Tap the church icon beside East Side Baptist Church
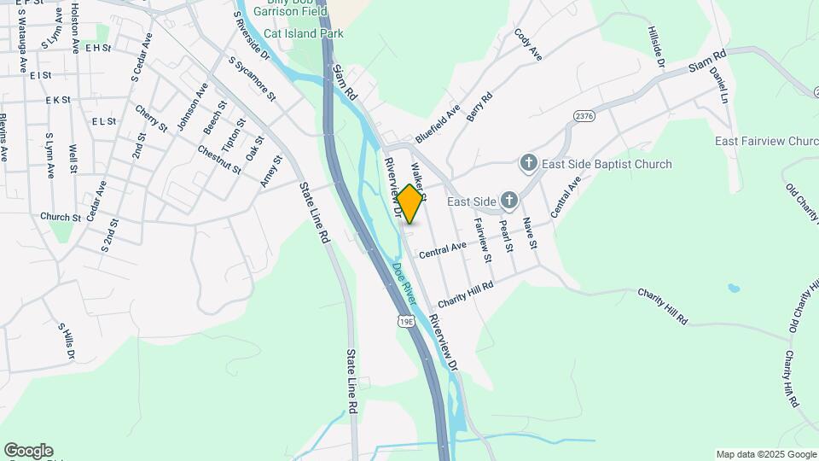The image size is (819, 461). pos(528,163)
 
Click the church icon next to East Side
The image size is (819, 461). pos(508,201)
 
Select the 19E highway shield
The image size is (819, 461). pos(405,320)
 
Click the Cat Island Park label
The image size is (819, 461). pos(303,34)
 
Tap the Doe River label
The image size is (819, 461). pos(404,284)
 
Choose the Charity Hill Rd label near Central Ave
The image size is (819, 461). pos(466,295)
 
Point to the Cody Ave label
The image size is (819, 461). pos(528,45)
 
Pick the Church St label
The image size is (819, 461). pos(60,217)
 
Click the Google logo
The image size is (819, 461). pos(28,451)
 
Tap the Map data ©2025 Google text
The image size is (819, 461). pos(765,454)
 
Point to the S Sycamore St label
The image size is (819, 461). pos(253,79)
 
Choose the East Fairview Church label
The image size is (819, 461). pos(766,141)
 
